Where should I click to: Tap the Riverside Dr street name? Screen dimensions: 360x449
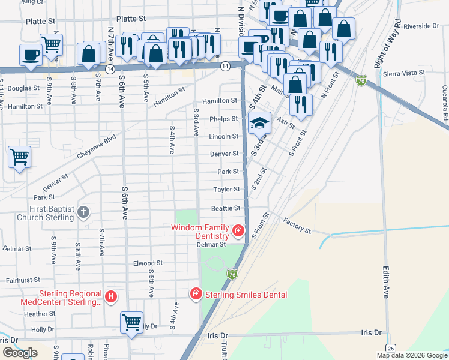(421, 26)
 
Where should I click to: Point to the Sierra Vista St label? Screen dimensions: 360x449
(405, 72)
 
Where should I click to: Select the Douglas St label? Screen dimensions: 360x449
(23, 88)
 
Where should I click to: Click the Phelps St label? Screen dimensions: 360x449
(224, 119)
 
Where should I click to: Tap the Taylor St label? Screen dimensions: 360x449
(226, 190)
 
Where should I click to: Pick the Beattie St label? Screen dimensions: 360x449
(225, 208)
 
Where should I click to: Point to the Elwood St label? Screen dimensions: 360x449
(148, 263)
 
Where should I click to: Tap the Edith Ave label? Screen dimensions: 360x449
(385, 283)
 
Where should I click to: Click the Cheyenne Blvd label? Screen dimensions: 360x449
(96, 147)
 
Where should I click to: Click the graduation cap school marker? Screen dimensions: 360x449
(259, 124)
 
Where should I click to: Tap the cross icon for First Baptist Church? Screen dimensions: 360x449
(83, 212)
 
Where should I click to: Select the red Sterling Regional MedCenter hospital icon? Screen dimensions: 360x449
(110, 296)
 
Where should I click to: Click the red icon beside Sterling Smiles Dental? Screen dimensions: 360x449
(196, 294)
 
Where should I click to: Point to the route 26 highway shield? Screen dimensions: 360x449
(390, 347)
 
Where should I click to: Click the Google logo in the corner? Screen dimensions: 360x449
(20, 353)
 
